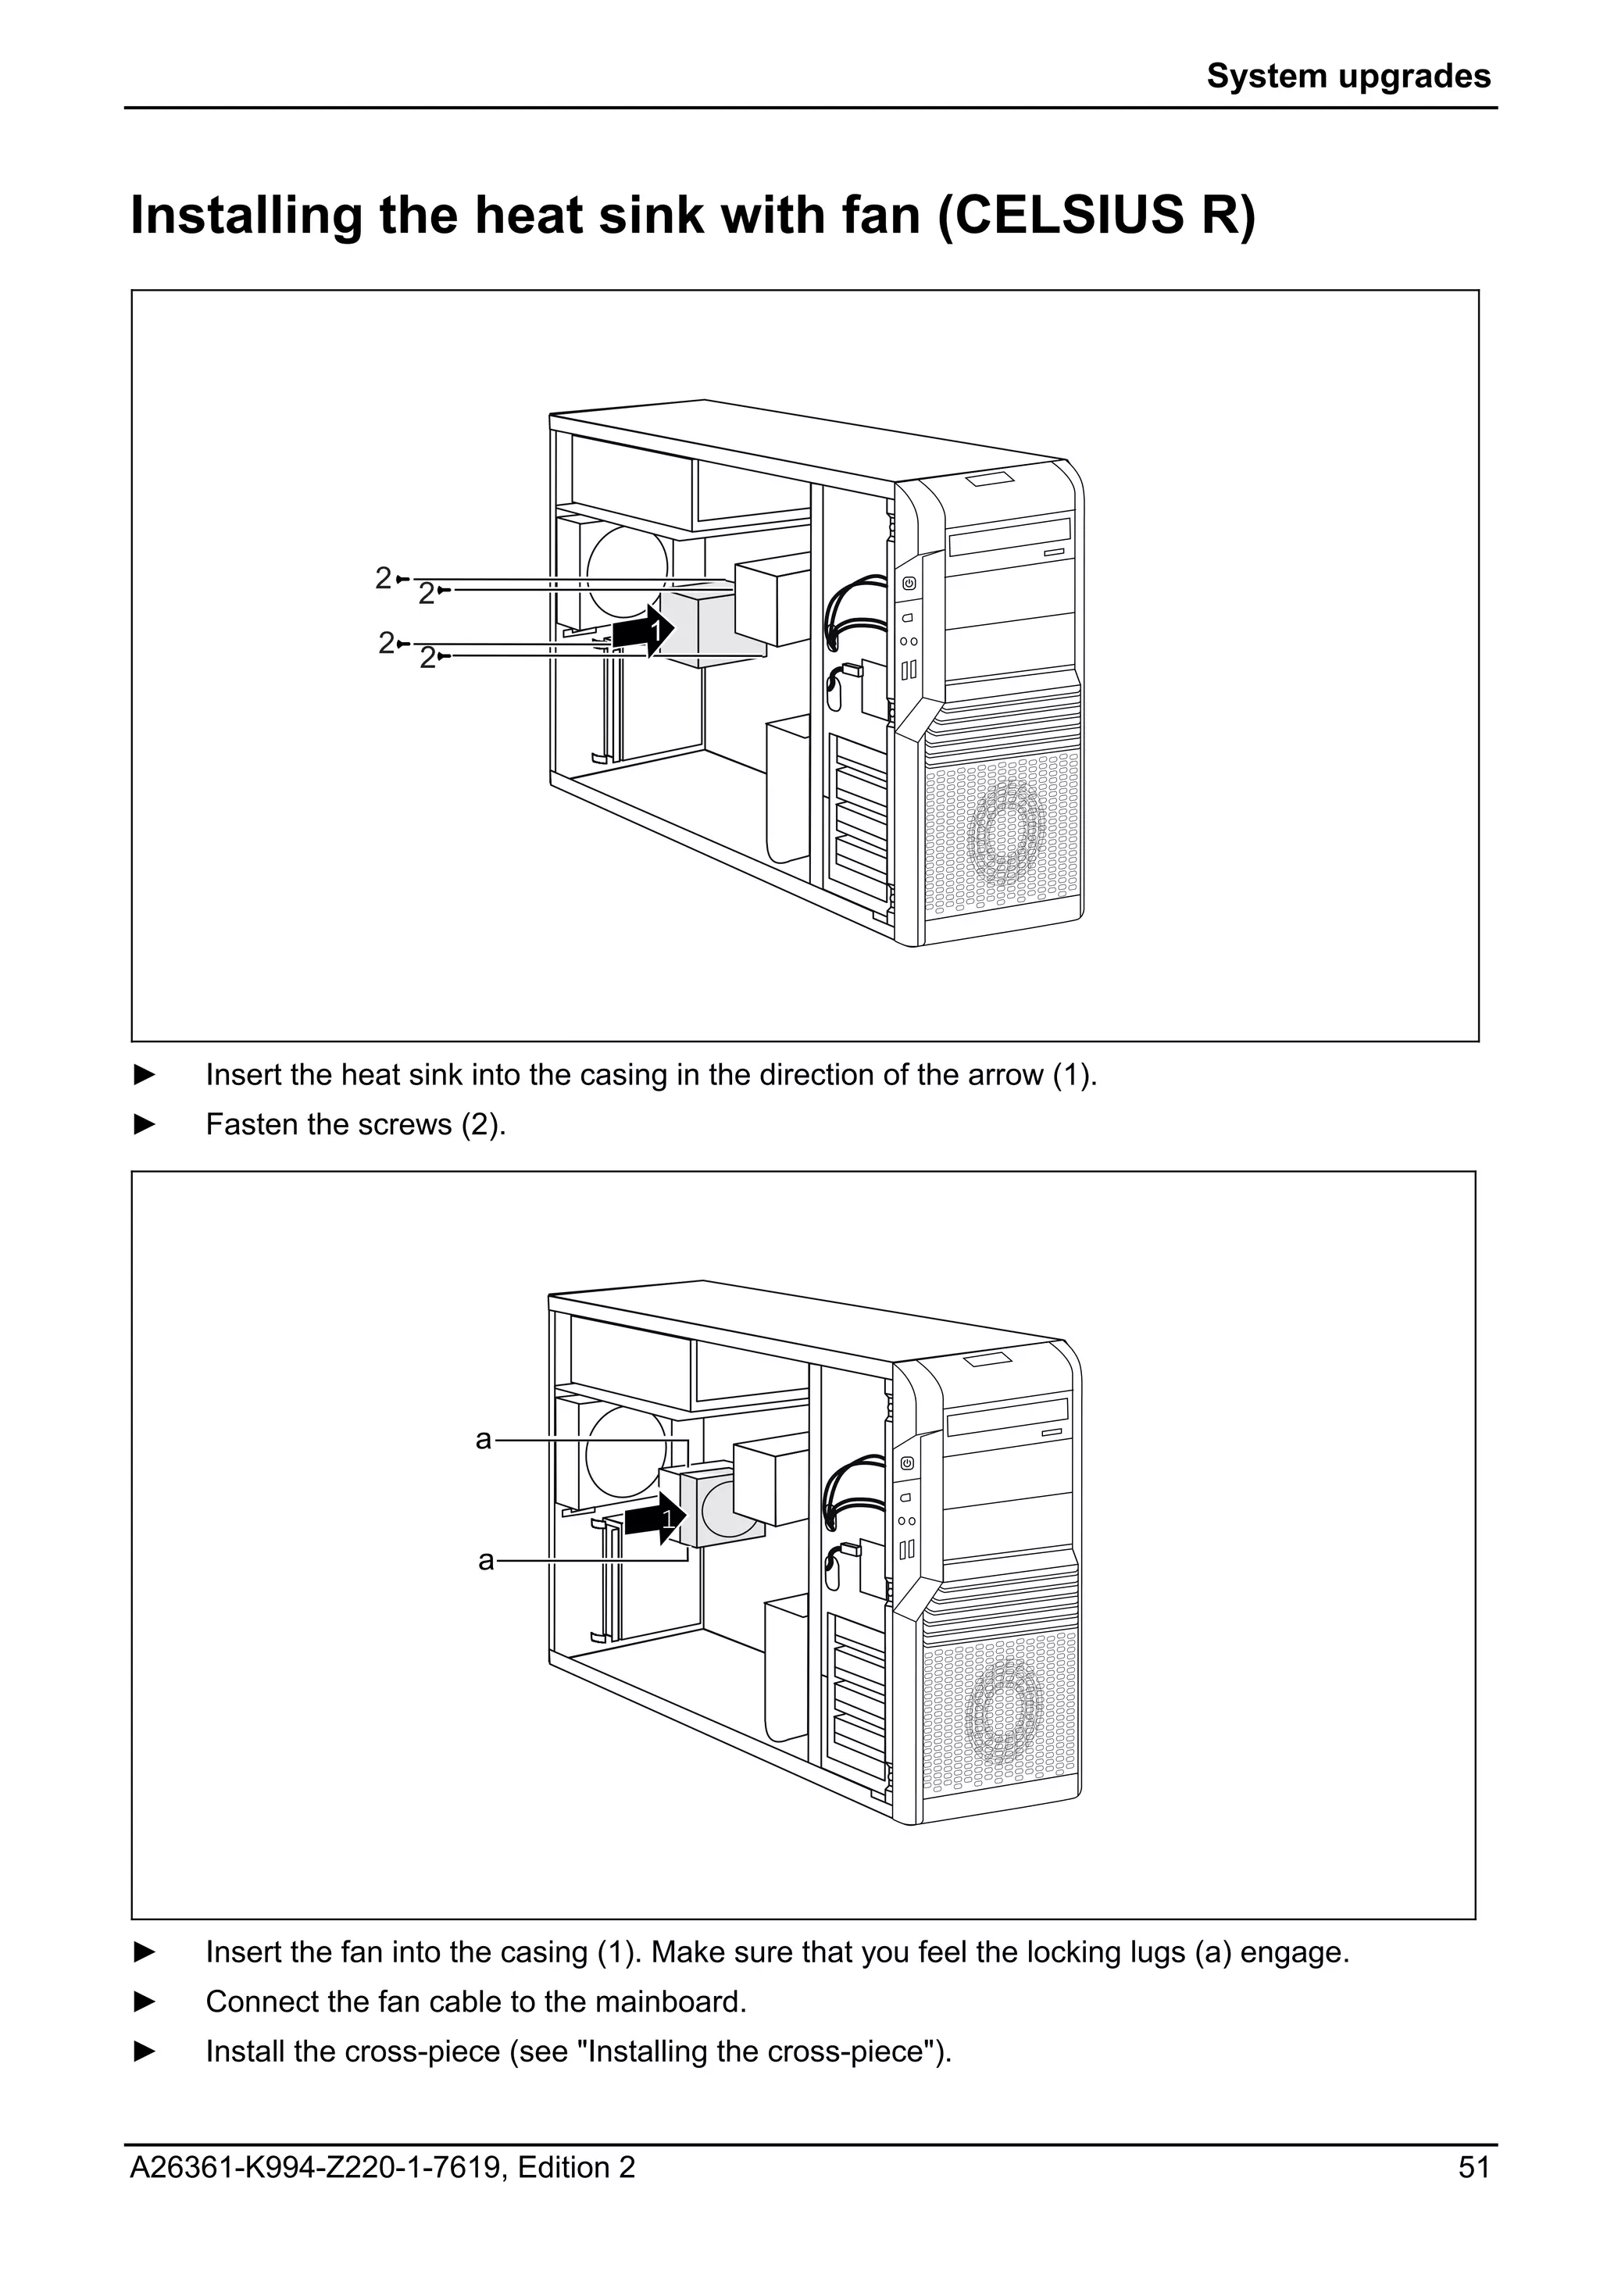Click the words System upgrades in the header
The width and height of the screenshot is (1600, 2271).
click(1348, 76)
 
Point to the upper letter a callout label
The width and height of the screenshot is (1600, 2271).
click(483, 1440)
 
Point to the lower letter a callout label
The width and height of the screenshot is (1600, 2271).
click(485, 1561)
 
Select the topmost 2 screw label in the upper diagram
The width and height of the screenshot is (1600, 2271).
click(384, 577)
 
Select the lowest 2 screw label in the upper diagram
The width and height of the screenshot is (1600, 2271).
click(427, 658)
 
